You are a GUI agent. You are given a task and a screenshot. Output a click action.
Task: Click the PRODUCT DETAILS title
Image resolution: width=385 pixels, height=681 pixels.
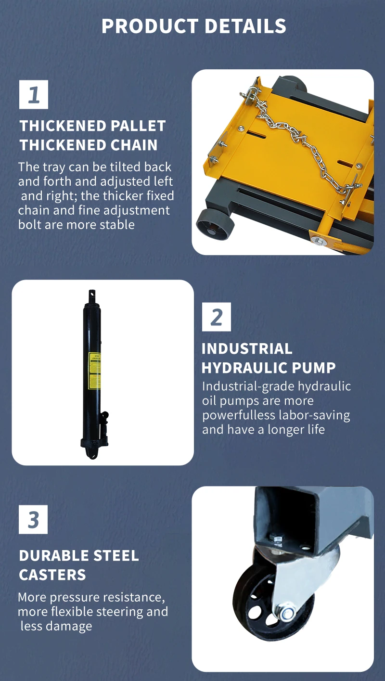193,26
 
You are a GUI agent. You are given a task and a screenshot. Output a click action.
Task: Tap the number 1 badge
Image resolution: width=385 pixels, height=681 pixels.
34,94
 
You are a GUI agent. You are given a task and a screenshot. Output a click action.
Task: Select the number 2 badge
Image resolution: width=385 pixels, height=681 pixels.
216,317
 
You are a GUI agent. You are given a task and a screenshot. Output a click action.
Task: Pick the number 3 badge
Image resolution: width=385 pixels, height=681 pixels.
33,520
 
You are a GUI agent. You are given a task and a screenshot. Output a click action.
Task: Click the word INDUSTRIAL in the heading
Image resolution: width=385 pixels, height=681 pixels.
246,348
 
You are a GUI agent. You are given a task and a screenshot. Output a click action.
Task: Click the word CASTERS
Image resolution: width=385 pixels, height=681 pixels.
52,575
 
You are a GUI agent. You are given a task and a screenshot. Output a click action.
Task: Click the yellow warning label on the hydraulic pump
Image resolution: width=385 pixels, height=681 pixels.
95,370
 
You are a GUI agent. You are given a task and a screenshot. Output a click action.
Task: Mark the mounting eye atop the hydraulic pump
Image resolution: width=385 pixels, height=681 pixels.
91,295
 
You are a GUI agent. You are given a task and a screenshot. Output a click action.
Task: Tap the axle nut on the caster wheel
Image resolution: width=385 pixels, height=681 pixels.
288,613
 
